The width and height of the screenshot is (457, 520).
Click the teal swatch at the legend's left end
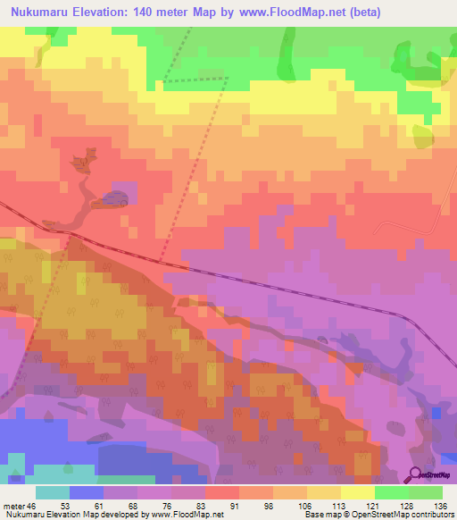click(53, 492)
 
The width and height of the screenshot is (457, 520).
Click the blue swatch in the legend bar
click(87, 492)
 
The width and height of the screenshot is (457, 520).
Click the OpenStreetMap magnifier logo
click(417, 474)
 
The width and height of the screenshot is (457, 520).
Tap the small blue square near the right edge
click(436, 412)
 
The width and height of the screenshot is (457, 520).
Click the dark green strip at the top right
click(288, 49)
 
